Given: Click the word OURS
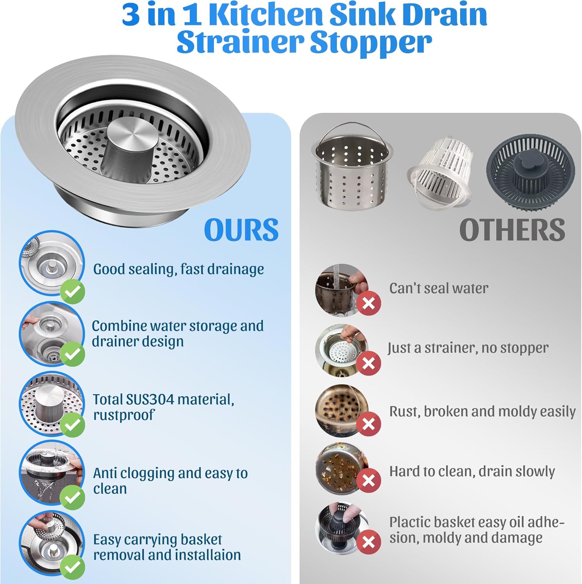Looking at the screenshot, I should pos(241,230).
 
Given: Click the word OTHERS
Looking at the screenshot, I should pos(512,230).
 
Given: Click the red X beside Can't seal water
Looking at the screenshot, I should pos(369,303).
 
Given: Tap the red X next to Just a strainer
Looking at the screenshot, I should pos(369,363).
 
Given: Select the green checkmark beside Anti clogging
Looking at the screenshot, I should pos(72,497).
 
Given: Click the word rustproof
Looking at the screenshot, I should pos(124,415).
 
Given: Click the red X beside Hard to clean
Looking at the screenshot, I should pos(369,481).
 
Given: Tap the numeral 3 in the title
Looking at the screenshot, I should pos(131,15).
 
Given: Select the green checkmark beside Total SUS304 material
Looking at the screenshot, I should pos(72,424).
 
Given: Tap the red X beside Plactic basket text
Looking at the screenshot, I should pos(369,542).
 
